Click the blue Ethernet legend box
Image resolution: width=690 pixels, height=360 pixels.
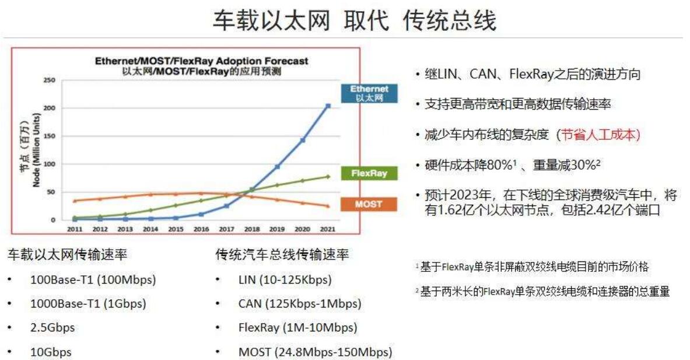[x=369, y=93]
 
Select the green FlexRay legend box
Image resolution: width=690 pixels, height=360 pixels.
[x=369, y=173]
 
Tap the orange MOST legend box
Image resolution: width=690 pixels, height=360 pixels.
[x=369, y=204]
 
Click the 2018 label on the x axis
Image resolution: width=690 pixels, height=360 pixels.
[x=251, y=229]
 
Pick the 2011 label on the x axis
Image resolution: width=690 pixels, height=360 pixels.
[x=74, y=229]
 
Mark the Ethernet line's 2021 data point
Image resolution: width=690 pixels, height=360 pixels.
[x=328, y=106]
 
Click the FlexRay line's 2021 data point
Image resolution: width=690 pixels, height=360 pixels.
[x=328, y=176]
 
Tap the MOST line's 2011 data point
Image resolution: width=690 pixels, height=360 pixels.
[x=75, y=201]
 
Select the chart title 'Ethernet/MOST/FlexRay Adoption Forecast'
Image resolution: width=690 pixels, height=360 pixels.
[x=202, y=61]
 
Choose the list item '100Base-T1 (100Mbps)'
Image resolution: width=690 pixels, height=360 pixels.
[x=93, y=279]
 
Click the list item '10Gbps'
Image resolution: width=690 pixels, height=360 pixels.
[x=51, y=352]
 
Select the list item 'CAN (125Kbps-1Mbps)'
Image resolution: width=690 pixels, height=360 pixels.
[x=299, y=303]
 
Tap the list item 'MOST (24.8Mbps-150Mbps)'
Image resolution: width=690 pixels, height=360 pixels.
[x=315, y=352]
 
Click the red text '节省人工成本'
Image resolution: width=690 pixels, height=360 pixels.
[x=598, y=135]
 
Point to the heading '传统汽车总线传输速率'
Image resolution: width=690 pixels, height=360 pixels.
[x=282, y=255]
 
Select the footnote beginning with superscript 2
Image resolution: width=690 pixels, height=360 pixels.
[x=542, y=291]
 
